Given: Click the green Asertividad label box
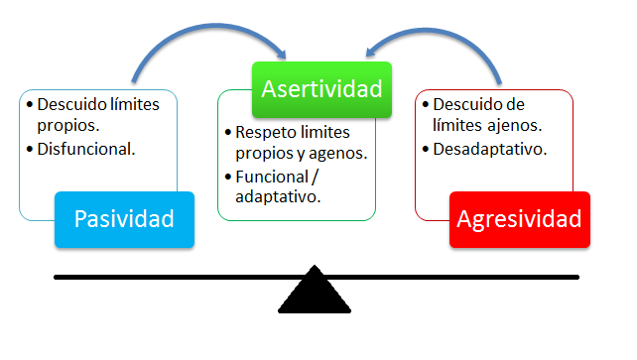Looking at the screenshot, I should pyautogui.click(x=320, y=88).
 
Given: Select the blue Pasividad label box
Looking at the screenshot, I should pyautogui.click(x=123, y=218).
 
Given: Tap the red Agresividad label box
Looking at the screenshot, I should pyautogui.click(x=519, y=218).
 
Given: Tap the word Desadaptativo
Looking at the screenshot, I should pyautogui.click(x=491, y=150).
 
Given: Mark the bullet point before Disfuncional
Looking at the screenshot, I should pyautogui.click(x=31, y=151).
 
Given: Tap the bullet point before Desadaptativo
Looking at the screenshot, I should pyautogui.click(x=426, y=150).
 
